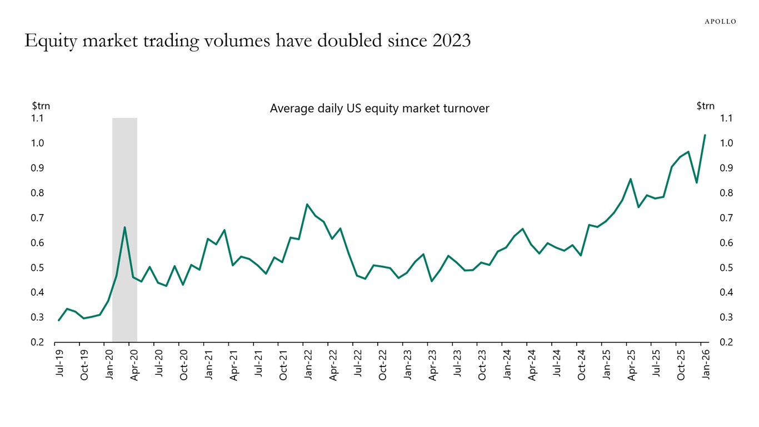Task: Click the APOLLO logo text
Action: [x=720, y=22]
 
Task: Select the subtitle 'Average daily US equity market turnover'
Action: [x=379, y=108]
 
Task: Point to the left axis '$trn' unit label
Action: [x=41, y=106]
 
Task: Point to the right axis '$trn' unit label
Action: [x=705, y=106]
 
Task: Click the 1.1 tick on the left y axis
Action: [x=38, y=118]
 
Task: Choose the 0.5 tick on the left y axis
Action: [x=38, y=267]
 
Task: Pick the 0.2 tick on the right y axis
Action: [x=726, y=342]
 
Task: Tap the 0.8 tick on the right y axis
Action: [x=726, y=193]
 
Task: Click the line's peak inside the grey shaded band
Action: [x=124, y=227]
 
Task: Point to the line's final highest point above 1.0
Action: [x=705, y=135]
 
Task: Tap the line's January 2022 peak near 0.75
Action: [x=307, y=204]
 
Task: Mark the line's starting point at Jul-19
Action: [x=59, y=320]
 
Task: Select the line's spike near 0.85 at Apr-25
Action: [x=631, y=179]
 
